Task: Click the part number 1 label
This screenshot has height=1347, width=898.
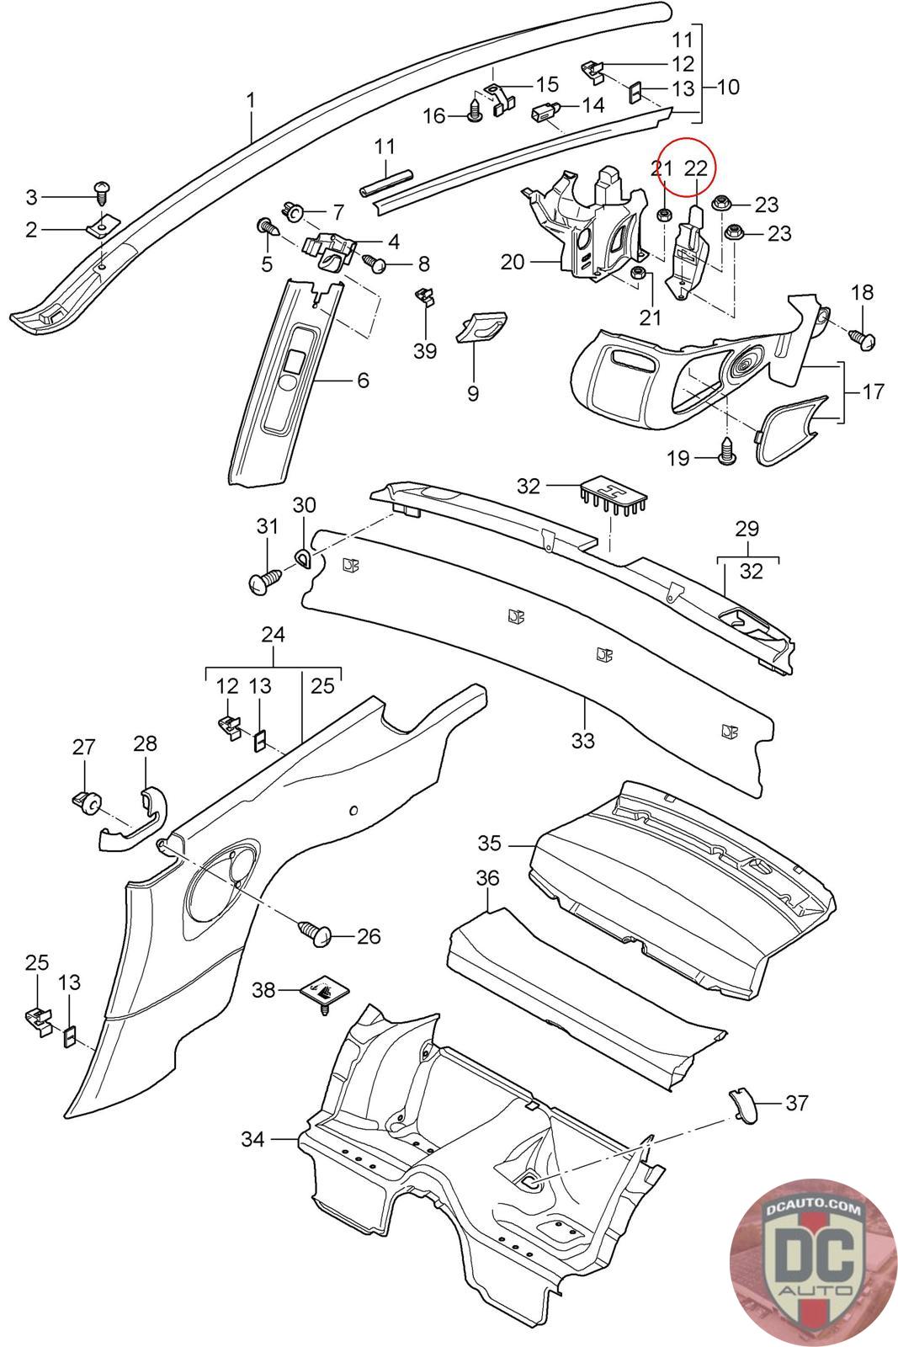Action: (250, 100)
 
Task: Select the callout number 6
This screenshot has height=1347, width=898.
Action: (363, 381)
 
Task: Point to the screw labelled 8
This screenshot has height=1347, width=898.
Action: (375, 264)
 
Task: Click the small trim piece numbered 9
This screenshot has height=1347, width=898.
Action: (481, 327)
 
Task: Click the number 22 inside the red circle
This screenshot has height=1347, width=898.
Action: (696, 168)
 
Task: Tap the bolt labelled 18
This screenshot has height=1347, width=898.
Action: (863, 338)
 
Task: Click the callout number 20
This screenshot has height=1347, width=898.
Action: (512, 262)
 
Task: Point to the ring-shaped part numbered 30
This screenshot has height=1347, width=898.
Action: (303, 556)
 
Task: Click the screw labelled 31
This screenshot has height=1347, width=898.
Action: (266, 581)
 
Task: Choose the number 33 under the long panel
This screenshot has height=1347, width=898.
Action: (582, 741)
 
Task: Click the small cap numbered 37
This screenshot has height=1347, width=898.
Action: (743, 1104)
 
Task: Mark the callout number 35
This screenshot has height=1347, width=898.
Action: (489, 843)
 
